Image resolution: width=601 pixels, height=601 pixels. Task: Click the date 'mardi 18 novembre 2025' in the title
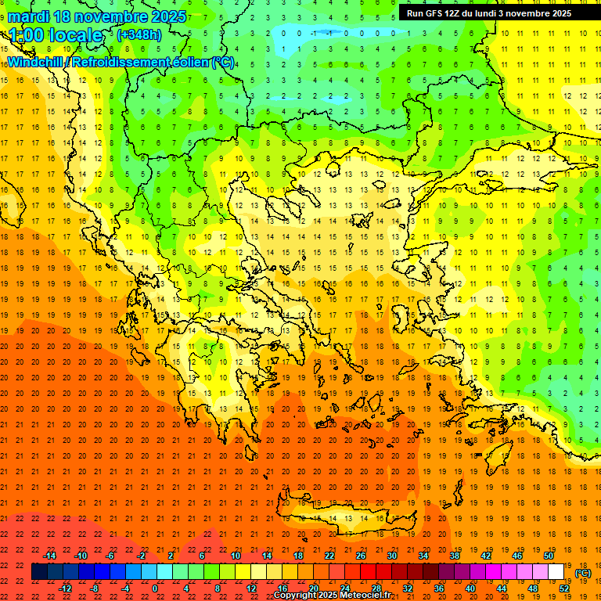point(98,16)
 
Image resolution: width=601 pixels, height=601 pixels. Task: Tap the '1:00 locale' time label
point(56,35)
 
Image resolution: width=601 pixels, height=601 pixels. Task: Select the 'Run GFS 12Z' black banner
point(488,13)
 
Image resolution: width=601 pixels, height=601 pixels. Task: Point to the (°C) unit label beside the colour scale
point(583,573)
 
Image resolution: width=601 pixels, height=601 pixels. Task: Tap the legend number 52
point(564,588)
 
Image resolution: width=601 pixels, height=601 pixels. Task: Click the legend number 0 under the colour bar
point(155,588)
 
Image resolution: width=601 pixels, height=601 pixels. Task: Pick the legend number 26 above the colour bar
point(361,556)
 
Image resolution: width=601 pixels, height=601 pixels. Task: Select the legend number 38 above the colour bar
point(455,556)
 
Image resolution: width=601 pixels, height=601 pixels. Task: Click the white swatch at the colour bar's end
point(556,572)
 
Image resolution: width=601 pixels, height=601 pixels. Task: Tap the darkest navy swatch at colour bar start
point(40,572)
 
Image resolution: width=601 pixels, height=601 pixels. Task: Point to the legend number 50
point(549,556)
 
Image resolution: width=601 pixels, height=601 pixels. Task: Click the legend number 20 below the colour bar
point(314,588)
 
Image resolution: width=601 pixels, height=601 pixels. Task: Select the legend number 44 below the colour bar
point(502,588)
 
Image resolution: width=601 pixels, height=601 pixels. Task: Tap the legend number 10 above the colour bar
point(236,556)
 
